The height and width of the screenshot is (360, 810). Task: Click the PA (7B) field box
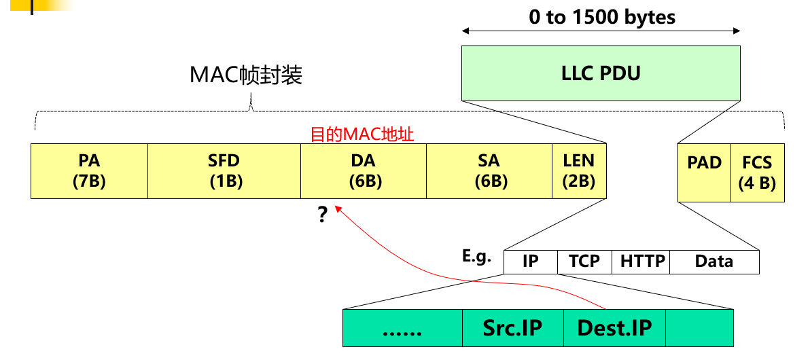coord(89,170)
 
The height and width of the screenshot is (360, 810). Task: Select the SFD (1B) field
coord(224,170)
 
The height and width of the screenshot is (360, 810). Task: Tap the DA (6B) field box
coord(364,170)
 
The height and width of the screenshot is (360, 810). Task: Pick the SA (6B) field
coord(489,170)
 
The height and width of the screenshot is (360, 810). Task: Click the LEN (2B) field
coord(578,170)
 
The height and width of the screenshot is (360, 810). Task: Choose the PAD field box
coord(704,173)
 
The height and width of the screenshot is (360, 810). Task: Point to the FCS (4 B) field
coord(758,173)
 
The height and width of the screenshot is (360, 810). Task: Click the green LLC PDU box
coord(601,73)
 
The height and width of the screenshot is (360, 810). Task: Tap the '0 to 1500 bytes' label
coord(602,17)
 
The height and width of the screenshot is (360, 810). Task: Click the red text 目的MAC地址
coord(362,134)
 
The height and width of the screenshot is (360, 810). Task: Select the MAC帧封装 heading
coord(245,75)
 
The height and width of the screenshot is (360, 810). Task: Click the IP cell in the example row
coord(530,262)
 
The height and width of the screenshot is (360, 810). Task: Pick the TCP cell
coord(584,262)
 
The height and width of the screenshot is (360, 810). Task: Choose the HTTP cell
coord(641,262)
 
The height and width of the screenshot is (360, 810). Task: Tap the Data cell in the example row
coord(714,262)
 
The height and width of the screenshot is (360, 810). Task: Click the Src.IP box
coord(512,328)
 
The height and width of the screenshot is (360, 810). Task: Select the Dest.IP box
coord(614,328)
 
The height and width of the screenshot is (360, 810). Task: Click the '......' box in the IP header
coord(402,328)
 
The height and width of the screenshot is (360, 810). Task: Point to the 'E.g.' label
coord(476,257)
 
